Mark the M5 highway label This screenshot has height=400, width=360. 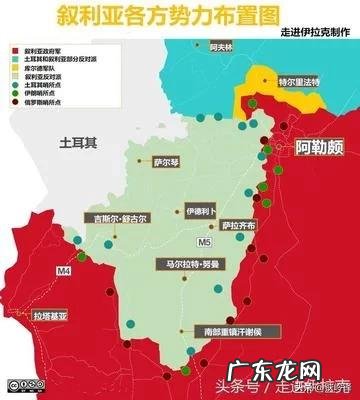[204, 241]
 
